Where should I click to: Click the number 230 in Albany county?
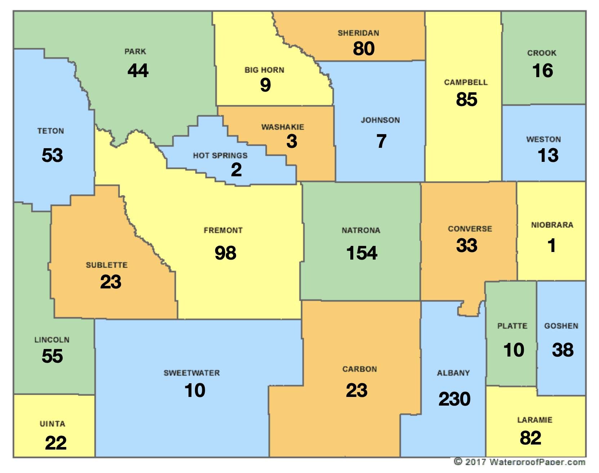click(454, 399)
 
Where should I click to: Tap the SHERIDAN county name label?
click(358, 33)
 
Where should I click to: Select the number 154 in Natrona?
click(361, 253)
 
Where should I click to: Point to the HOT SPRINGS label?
click(220, 155)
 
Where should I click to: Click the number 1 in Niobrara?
click(551, 246)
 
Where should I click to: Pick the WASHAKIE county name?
click(283, 127)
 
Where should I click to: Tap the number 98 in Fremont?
click(225, 253)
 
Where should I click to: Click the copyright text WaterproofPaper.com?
click(519, 462)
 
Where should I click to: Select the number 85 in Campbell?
click(466, 100)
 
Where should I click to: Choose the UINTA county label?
click(53, 424)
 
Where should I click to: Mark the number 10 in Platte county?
click(514, 350)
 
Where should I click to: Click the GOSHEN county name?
click(561, 326)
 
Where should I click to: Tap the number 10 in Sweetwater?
click(195, 390)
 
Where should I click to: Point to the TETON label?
click(50, 131)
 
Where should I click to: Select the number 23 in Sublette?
click(111, 282)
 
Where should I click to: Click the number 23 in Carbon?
click(356, 390)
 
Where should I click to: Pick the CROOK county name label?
click(542, 53)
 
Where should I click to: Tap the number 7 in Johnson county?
click(381, 141)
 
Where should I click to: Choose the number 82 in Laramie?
click(530, 438)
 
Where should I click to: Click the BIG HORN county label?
click(264, 70)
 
